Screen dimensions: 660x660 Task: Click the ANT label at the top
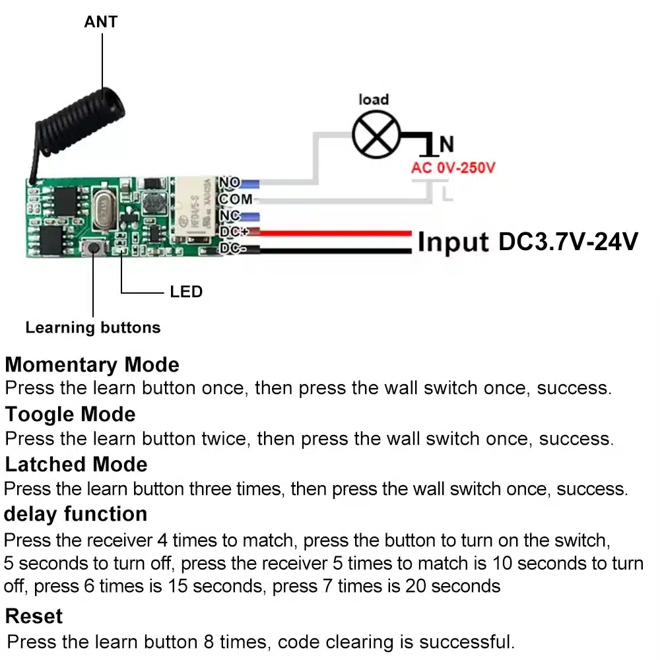pos(100,22)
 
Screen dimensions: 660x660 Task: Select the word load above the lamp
pos(374,100)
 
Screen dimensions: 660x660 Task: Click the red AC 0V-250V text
pos(453,168)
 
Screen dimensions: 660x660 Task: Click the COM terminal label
pos(235,199)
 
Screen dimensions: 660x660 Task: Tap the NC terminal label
pos(230,216)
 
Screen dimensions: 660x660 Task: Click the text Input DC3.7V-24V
pos(527,242)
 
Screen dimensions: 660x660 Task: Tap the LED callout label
pos(186,292)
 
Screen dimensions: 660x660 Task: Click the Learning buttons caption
pos(93,327)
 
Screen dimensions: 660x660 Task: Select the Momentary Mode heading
pos(92,365)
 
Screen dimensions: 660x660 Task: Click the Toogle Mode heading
pos(71,414)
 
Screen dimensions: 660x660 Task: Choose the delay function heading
pos(76,513)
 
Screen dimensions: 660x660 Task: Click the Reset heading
pos(34,616)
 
